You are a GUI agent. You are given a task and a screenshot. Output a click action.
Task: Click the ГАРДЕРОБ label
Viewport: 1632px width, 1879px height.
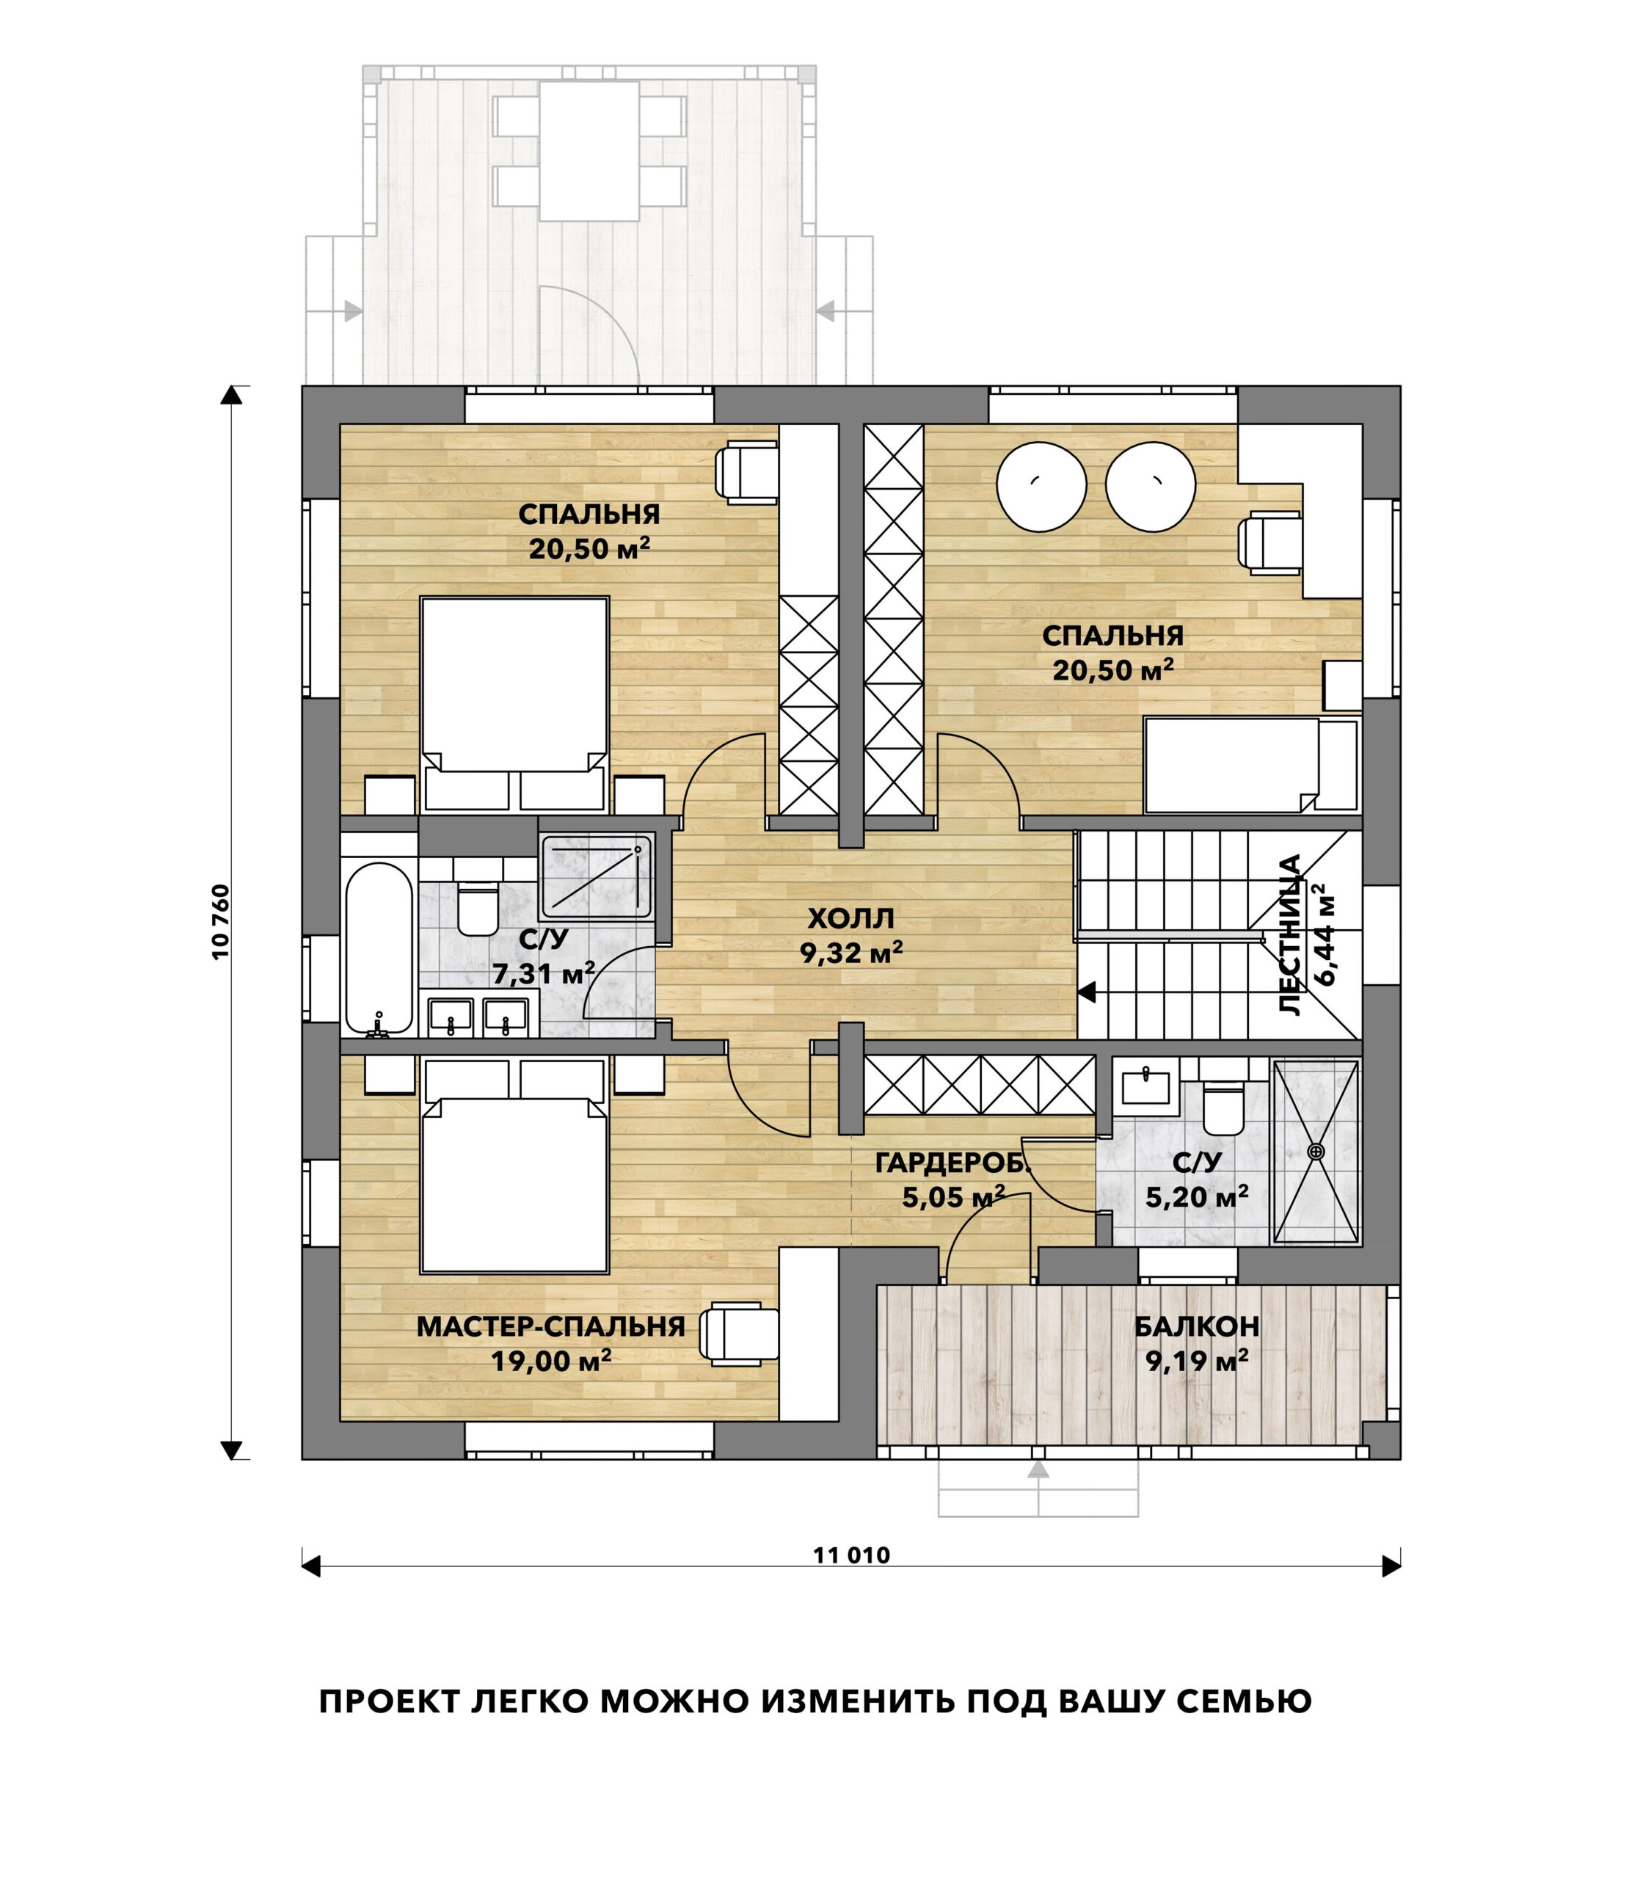click(952, 1163)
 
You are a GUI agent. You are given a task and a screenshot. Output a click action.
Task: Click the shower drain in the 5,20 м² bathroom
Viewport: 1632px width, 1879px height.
click(1315, 1152)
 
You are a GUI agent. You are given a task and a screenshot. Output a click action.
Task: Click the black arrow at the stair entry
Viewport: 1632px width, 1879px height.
click(1087, 992)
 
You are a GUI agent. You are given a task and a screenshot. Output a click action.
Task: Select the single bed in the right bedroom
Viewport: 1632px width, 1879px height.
click(1250, 765)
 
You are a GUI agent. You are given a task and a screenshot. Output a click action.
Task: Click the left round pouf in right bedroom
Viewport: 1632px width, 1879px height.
click(1041, 487)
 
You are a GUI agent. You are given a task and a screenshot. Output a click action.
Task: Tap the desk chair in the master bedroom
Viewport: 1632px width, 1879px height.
click(737, 1334)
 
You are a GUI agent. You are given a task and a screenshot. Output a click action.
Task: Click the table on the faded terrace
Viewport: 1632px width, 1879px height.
click(589, 150)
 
